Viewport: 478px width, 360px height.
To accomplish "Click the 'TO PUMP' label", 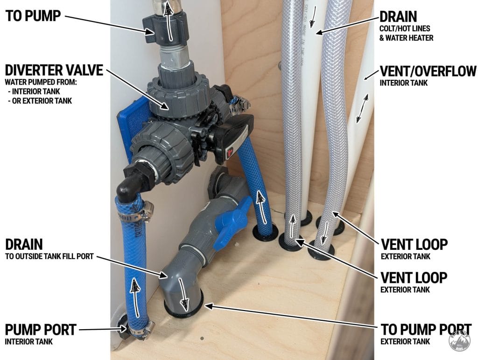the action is [33, 16].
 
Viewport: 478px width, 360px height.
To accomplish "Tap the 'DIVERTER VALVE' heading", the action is [54, 70].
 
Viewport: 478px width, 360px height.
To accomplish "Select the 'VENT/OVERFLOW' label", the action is [428, 71].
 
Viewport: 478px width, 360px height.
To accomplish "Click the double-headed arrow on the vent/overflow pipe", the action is [362, 108].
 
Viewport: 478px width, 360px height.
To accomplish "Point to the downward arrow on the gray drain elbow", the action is [184, 293].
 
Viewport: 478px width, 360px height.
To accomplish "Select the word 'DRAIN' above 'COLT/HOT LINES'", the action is [398, 16].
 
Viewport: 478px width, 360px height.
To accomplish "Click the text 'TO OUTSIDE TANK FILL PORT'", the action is [49, 256].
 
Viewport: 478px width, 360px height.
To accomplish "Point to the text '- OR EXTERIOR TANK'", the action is [40, 101].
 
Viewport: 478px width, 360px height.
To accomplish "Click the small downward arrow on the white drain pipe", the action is [312, 19].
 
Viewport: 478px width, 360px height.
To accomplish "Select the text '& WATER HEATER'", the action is [407, 38].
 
